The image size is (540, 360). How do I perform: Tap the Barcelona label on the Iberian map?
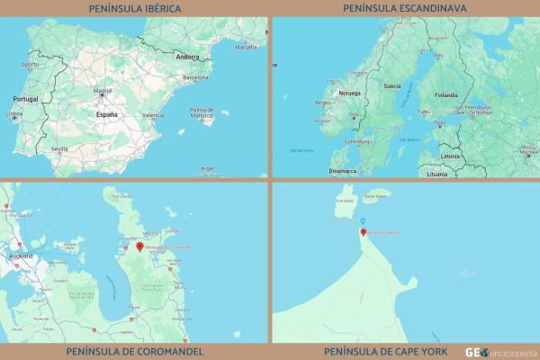[195, 78]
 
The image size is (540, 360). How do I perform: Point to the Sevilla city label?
[60, 148]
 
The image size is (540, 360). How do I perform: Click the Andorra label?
[188, 57]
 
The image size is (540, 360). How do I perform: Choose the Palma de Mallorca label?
[202, 113]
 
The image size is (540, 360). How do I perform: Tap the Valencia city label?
[152, 115]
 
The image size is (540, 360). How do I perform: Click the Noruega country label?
[347, 93]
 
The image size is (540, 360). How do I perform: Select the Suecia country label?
[391, 86]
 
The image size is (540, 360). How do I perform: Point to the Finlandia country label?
[446, 93]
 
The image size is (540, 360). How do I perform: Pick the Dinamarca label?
[342, 169]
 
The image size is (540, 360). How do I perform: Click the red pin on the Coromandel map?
[139, 246]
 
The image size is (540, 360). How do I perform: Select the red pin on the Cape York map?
[363, 232]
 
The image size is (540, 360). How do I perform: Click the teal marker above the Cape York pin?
[363, 221]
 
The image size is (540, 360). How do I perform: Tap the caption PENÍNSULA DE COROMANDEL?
[134, 351]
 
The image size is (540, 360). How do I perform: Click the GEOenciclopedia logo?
[499, 351]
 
